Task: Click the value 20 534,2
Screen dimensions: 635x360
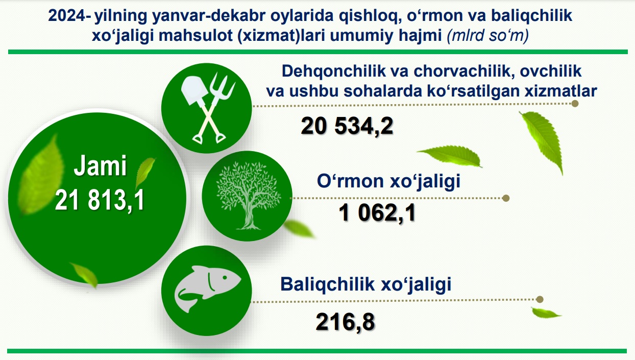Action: coord(347,126)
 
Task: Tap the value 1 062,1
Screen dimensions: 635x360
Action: coord(377,213)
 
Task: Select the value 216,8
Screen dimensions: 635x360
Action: coord(345,322)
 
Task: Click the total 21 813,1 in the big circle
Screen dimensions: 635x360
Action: coord(100,200)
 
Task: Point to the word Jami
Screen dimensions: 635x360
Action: coord(100,165)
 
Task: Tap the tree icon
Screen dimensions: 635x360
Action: coord(248,196)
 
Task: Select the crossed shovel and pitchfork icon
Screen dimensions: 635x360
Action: coord(208,108)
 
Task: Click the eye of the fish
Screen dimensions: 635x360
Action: coord(225,277)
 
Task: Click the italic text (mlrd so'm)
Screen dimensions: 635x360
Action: coord(487,35)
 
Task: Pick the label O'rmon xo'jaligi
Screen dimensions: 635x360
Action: coord(388,181)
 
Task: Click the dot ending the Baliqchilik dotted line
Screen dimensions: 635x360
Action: coord(540,299)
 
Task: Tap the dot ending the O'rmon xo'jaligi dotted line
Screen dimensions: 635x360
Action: coord(506,198)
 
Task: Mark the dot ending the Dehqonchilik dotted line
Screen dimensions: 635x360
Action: coord(575,104)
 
